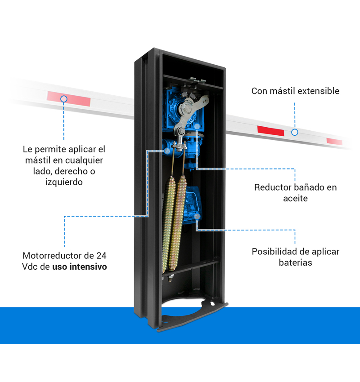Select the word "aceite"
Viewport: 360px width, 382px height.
(x=296, y=198)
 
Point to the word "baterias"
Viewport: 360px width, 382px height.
(x=296, y=262)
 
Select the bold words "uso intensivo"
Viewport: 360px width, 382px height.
(x=80, y=267)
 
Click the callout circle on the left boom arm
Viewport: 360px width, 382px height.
(x=63, y=98)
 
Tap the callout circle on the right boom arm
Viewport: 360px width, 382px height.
(x=295, y=132)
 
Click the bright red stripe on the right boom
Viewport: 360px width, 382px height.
(x=270, y=131)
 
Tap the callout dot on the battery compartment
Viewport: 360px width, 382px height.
(x=197, y=216)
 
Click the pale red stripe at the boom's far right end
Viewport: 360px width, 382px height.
(x=334, y=141)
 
